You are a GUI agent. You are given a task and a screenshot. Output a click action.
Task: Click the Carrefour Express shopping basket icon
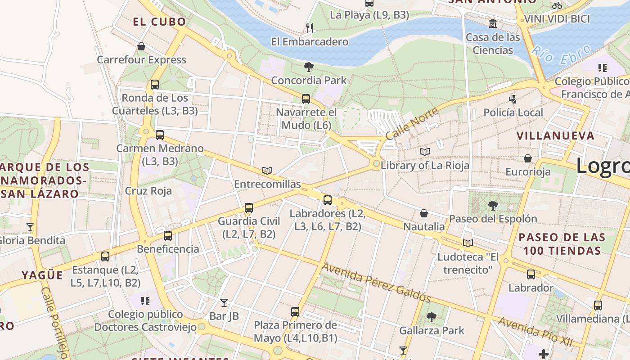point(141,46)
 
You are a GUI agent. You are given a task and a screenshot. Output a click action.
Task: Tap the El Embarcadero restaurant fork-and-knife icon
point(309,28)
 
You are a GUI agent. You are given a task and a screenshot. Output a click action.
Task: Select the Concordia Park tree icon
point(309,67)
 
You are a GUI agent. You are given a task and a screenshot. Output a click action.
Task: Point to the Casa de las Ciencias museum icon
point(493,23)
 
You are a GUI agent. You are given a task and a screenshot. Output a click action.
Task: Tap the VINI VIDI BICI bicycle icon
point(557,5)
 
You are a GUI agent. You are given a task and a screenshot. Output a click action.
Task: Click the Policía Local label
point(513,112)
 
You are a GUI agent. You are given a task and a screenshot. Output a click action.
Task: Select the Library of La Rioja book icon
point(425,152)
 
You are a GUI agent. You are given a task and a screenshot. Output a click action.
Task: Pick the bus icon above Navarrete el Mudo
point(306,99)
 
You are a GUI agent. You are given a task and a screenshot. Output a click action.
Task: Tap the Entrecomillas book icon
point(267,171)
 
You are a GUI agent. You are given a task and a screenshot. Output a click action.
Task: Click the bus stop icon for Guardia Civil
point(249,208)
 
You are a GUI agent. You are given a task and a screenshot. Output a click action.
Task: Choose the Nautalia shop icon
point(423,213)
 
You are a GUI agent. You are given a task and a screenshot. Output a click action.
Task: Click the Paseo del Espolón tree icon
point(493,206)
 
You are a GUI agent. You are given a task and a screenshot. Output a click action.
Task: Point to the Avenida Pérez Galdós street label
point(376,283)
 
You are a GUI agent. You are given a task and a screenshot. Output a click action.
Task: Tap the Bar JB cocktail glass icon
point(224,302)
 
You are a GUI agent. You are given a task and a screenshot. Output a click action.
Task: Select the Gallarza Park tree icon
point(432,317)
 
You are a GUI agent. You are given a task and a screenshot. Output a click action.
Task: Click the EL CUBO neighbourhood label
point(159,22)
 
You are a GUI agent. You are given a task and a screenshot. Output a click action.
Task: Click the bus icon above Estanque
point(105,256)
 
